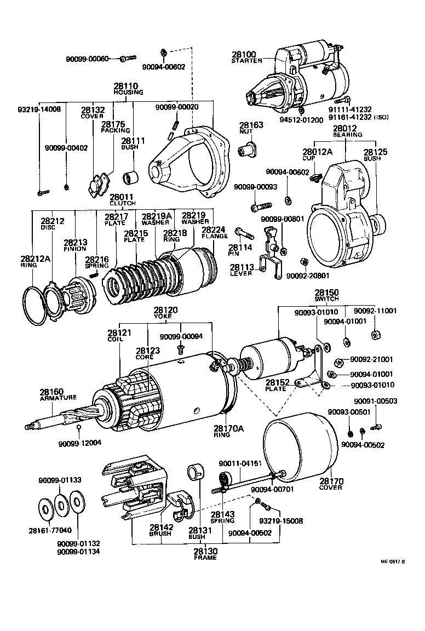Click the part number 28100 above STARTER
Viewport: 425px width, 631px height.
tap(243, 55)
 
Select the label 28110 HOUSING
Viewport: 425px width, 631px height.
tap(127, 89)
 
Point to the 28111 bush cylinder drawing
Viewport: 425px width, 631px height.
tap(131, 178)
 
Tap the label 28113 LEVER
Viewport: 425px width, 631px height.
tap(242, 270)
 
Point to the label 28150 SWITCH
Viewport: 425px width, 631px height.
tap(326, 295)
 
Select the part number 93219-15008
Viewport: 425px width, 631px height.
tap(281, 521)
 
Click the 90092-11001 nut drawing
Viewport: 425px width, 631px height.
tap(377, 334)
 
